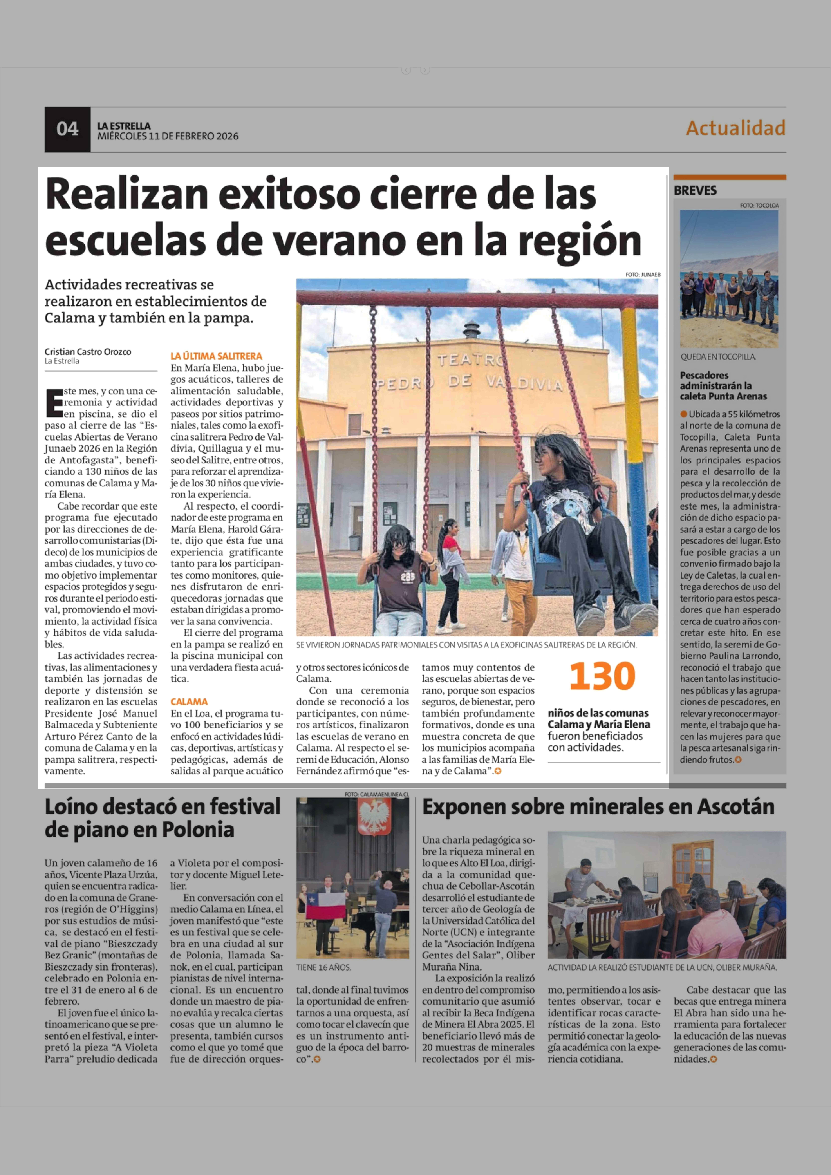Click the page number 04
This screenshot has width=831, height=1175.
68,129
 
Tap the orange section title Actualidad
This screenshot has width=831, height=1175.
735,128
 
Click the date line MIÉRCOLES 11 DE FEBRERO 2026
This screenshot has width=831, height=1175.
168,136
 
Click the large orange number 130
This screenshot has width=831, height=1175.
602,676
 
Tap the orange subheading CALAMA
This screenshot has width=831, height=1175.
189,702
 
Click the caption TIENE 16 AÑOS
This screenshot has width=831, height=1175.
323,968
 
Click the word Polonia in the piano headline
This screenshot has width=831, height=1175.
198,830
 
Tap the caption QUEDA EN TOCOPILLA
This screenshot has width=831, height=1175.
717,357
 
